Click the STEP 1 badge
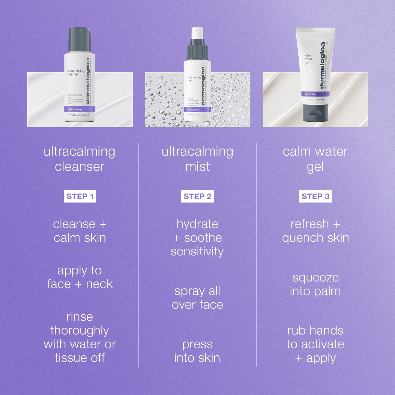point(80,196)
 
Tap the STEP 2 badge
point(197,196)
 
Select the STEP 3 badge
point(315,196)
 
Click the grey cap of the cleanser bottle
point(79,40)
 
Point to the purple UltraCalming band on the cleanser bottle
point(80,109)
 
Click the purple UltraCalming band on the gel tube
point(315,94)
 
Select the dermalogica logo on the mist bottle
point(203,86)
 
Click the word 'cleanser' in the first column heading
point(80,166)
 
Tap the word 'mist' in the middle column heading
point(197,166)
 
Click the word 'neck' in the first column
point(99,284)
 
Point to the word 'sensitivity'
point(197,251)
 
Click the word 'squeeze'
point(315,278)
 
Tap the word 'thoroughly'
point(80,331)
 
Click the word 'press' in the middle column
point(197,344)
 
